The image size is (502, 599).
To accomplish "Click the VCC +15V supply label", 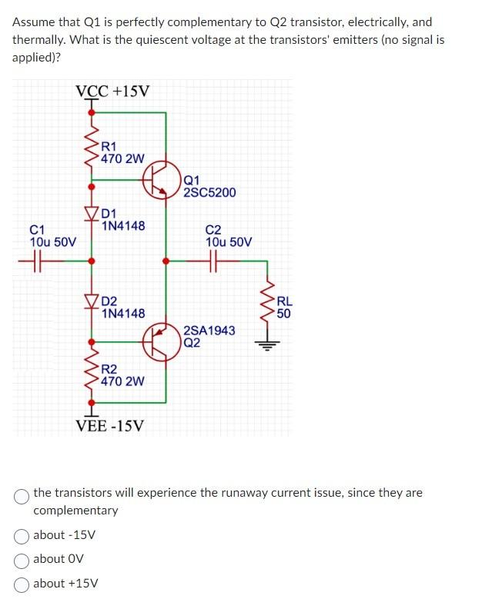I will pyautogui.click(x=112, y=92).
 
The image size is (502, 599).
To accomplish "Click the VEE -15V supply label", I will pyautogui.click(x=109, y=425).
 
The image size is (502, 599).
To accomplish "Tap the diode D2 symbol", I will pyautogui.click(x=92, y=301).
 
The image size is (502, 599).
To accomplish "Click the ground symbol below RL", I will pyautogui.click(x=268, y=344).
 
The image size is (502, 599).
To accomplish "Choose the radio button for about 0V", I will pyautogui.click(x=22, y=559).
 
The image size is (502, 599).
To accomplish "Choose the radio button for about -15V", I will pyautogui.click(x=22, y=535).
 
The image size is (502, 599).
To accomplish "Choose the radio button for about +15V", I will pyautogui.click(x=22, y=584).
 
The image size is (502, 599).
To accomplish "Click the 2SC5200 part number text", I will pyautogui.click(x=209, y=192).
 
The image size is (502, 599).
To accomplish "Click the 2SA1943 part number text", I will pyautogui.click(x=209, y=331).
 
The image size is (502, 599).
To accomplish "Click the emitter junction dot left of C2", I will pyautogui.click(x=165, y=261).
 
